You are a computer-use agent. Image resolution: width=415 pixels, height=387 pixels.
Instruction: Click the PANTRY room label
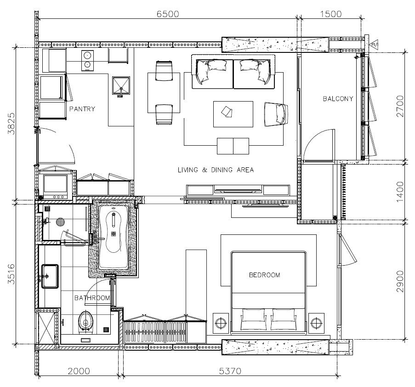82,109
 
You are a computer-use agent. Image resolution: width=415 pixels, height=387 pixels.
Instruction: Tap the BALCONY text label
338,99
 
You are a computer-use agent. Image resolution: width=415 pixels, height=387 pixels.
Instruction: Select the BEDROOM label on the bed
264,275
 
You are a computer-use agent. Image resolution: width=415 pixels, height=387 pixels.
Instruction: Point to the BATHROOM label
92,298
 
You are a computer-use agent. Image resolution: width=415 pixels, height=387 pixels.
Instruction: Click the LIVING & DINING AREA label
216,170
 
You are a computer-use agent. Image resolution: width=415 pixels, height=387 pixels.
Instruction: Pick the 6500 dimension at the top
168,14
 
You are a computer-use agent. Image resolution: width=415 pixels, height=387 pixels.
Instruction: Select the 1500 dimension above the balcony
331,14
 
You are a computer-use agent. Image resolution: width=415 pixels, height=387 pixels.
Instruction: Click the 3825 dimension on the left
11,124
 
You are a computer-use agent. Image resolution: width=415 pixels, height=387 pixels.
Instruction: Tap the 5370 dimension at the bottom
230,371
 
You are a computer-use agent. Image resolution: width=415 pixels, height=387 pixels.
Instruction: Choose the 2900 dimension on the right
400,281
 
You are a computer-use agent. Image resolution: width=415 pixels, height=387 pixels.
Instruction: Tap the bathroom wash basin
50,276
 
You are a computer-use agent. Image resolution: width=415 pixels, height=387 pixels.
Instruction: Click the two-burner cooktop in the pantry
87,60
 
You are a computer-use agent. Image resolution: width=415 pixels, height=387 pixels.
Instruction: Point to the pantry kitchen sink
121,85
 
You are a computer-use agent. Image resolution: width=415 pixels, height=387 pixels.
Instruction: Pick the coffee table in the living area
233,114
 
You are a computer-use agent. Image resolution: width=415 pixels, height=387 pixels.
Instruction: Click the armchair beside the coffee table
276,114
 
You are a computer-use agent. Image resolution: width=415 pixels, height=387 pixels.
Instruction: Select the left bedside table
221,323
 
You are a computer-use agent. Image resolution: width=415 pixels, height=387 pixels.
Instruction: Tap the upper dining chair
164,71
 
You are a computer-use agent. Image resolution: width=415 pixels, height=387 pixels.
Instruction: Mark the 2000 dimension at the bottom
79,371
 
